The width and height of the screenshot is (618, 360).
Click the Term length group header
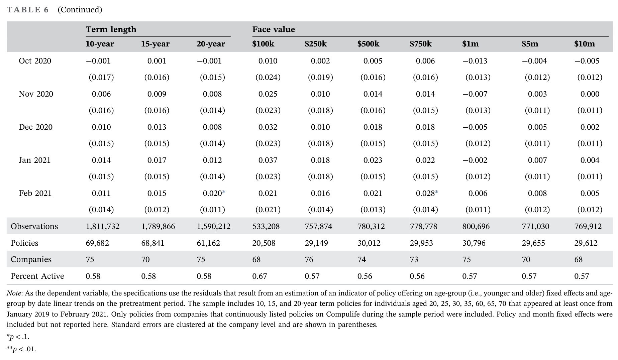click(x=111, y=29)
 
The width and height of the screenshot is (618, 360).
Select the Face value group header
click(x=274, y=29)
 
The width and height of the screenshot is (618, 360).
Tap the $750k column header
click(x=421, y=44)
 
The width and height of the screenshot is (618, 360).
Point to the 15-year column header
click(x=155, y=44)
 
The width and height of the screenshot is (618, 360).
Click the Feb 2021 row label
click(x=35, y=193)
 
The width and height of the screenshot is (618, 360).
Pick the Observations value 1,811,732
click(x=103, y=226)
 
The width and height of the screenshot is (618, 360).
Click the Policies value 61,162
click(x=208, y=243)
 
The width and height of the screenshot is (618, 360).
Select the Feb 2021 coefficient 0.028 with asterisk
click(x=427, y=193)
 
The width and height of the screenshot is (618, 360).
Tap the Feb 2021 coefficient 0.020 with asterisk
click(x=214, y=193)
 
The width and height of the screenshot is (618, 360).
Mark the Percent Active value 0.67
click(x=260, y=276)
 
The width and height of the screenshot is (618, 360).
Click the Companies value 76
click(x=309, y=259)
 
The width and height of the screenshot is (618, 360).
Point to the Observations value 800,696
click(x=476, y=226)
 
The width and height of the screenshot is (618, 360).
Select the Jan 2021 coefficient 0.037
click(x=268, y=160)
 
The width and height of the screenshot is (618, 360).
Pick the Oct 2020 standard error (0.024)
click(x=268, y=77)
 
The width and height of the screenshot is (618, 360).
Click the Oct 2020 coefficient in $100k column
click(x=268, y=61)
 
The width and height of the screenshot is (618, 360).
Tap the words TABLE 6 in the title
click(x=28, y=10)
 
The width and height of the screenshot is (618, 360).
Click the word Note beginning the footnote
click(x=14, y=293)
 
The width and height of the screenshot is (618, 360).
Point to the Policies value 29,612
click(x=586, y=243)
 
